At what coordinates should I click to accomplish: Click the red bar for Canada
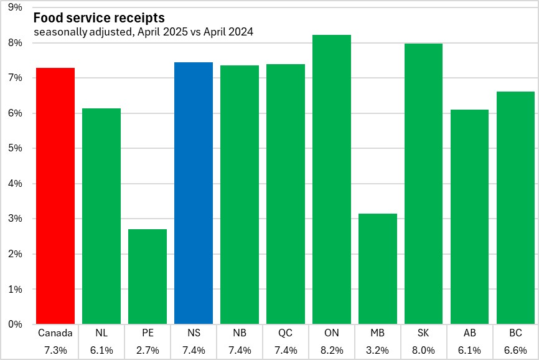coord(55,196)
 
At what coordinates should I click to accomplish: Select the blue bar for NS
coord(194,193)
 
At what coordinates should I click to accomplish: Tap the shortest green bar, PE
coord(148,277)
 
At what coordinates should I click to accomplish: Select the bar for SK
coord(424,184)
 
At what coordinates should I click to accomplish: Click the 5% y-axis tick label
coord(15,148)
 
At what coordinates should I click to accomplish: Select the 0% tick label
coord(15,324)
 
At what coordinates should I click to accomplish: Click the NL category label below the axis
coord(101,333)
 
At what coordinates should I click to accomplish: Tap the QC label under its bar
coord(286,333)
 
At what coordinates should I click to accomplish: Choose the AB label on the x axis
coord(470,333)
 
